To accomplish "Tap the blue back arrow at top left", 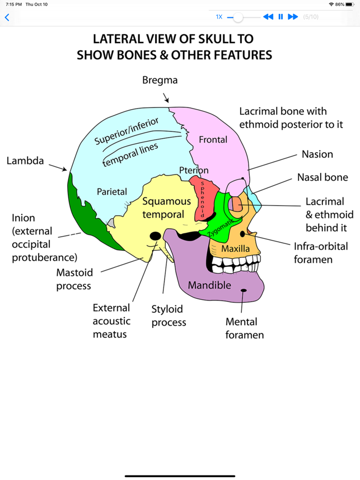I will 7,17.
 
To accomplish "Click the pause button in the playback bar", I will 280,17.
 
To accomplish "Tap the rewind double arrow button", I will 268,17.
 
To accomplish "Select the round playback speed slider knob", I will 239,17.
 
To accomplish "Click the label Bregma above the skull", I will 160,80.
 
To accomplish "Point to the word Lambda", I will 25,161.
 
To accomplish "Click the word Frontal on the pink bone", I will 213,139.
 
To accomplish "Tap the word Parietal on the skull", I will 112,191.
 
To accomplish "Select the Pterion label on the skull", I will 194,170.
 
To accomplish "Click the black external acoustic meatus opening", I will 156,236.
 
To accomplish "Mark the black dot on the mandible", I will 244,290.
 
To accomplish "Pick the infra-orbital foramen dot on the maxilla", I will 242,233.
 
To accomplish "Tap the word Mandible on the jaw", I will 209,285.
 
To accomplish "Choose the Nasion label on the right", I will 317,154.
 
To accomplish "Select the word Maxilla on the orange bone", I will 235,248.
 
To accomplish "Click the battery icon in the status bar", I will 349,4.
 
